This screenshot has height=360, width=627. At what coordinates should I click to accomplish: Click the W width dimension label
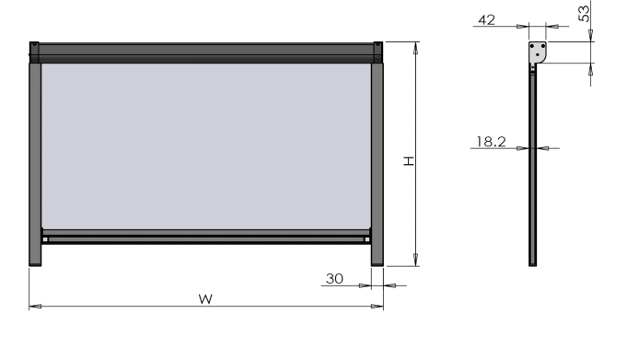click(x=205, y=299)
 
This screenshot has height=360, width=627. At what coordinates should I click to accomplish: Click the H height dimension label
click(x=408, y=161)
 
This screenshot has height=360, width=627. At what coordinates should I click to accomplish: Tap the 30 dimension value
click(x=334, y=278)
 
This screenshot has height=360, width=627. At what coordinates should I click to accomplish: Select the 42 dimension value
click(x=487, y=19)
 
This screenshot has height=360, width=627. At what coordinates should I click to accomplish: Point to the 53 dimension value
click(x=584, y=14)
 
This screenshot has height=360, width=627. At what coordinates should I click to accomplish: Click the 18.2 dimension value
click(x=491, y=142)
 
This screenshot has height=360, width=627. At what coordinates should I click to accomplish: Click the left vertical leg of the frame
click(x=35, y=164)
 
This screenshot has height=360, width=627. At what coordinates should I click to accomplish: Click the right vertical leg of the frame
click(x=377, y=164)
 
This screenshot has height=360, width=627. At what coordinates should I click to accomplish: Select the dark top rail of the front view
click(x=206, y=52)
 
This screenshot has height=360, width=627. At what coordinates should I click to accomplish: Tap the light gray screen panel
click(x=206, y=146)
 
